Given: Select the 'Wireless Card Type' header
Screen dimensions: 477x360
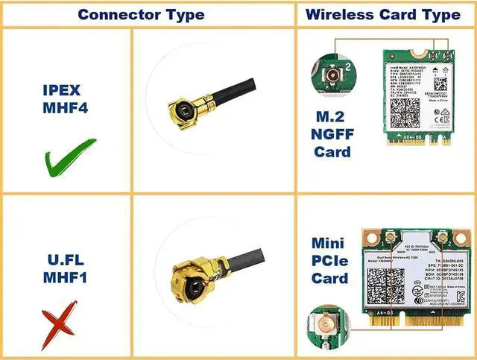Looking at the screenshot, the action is click(382, 14).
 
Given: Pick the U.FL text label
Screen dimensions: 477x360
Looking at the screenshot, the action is click(66, 260).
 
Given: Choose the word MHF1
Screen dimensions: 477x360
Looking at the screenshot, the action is click(66, 280).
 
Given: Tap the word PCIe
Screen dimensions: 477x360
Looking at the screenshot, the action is click(330, 261).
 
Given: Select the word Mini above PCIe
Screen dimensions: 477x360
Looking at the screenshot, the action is click(330, 244).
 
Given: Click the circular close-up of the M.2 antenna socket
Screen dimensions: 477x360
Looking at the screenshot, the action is click(330, 75).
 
